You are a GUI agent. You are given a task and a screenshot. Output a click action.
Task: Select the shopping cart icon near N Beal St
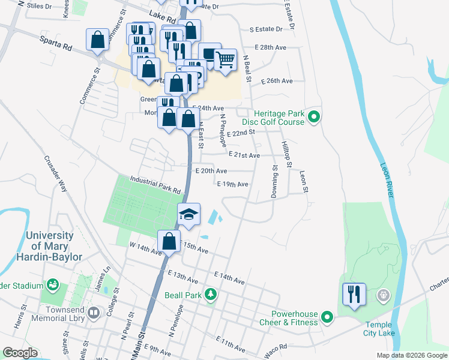(x=225, y=59)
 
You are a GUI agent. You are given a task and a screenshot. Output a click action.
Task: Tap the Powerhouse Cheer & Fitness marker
(x=327, y=316)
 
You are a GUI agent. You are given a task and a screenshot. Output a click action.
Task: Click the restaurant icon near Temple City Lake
(x=354, y=295)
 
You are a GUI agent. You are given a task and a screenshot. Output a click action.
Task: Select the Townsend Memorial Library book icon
(x=93, y=313)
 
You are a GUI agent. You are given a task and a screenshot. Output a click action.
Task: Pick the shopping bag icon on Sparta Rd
(x=98, y=40)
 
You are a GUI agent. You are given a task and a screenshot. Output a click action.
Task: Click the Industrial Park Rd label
(x=155, y=185)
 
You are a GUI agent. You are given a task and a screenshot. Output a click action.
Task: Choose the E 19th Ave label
(x=232, y=184)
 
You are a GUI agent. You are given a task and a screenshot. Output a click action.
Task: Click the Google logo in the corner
(x=20, y=353)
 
